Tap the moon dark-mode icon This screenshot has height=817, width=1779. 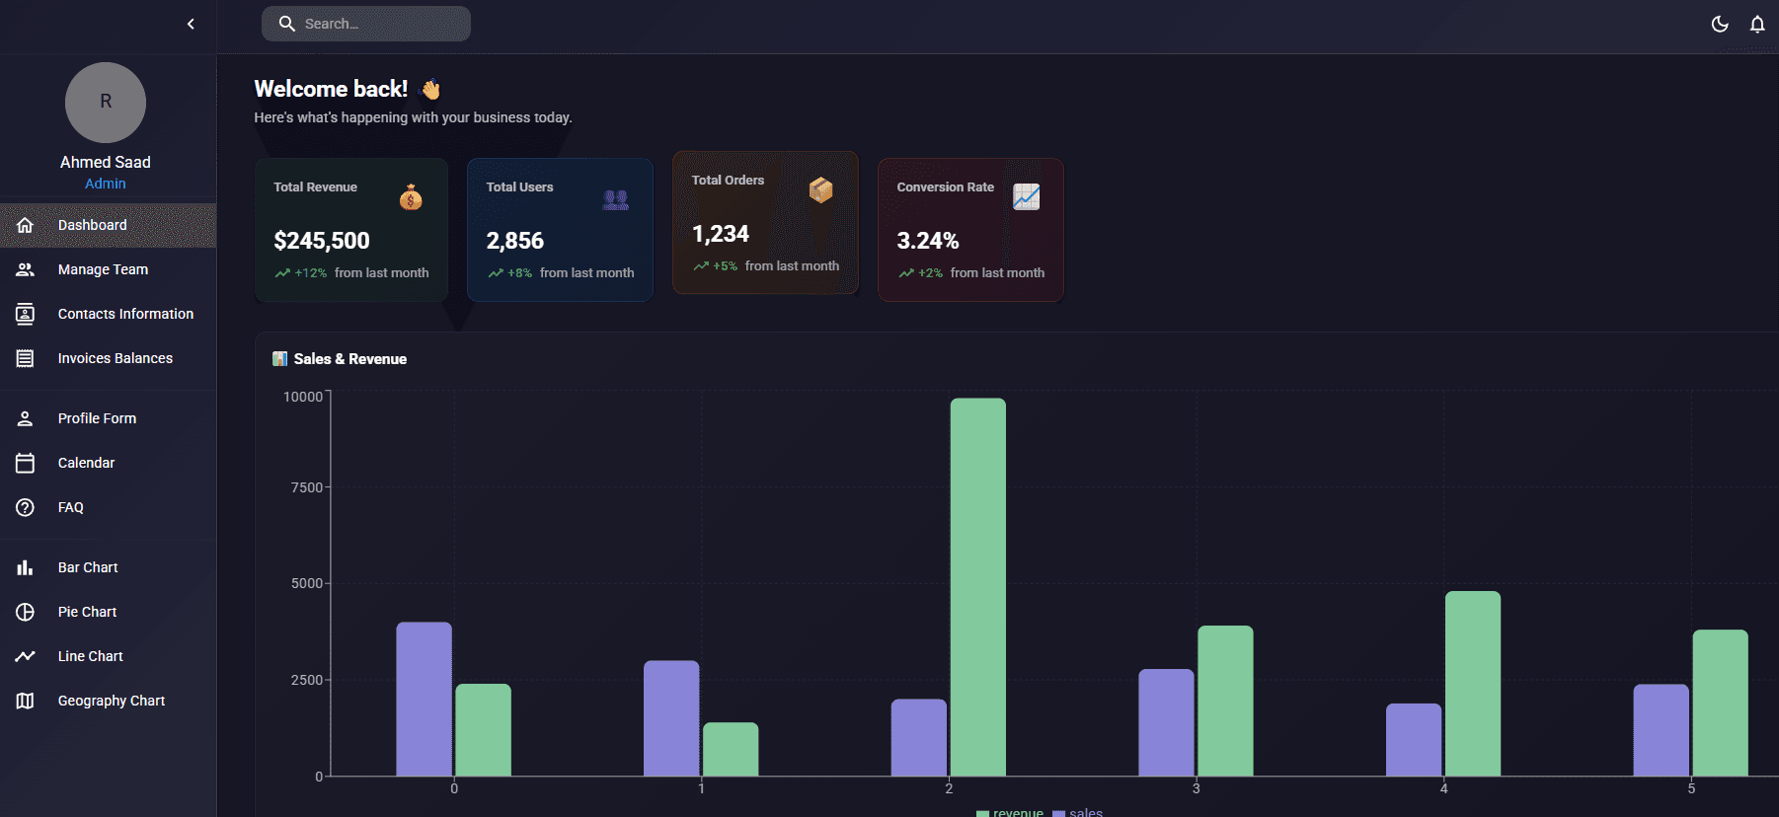[1720, 24]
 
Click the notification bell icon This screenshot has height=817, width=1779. [1757, 24]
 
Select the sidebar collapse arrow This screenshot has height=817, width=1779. [191, 24]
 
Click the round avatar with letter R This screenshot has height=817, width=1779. [106, 103]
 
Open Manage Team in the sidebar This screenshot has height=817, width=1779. [103, 269]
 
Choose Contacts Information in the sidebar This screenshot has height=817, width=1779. [125, 314]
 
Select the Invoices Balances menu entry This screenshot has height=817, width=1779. [115, 358]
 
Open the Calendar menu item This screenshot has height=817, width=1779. [86, 463]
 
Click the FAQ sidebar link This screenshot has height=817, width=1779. [70, 507]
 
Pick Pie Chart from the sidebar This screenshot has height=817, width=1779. [87, 612]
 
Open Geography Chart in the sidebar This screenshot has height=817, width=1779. [111, 701]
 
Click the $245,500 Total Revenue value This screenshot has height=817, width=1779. [322, 241]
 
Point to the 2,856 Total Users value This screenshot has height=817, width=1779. [515, 241]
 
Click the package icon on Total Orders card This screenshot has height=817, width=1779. [820, 189]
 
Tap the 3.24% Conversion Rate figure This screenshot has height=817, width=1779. [928, 241]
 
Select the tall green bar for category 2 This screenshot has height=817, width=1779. [977, 587]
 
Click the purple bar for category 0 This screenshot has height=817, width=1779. [424, 699]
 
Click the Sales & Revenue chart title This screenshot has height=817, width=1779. [349, 359]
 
